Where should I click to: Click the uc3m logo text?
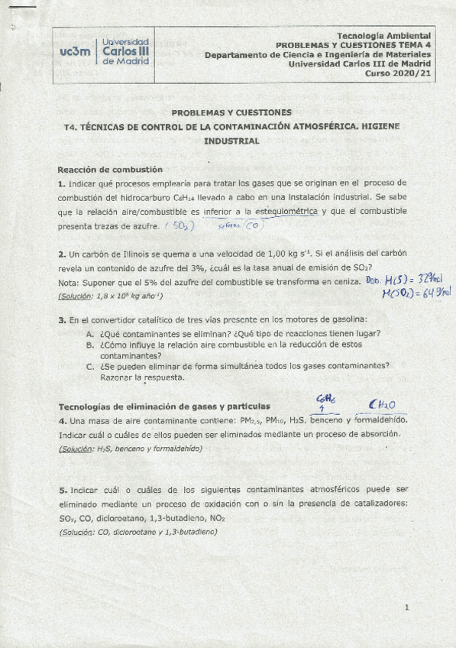74,50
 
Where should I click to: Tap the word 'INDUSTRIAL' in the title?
231,141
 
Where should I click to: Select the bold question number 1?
61,183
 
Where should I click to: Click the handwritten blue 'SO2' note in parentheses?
181,226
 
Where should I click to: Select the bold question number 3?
61,319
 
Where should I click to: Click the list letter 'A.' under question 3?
90,333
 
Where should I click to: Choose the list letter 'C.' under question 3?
90,365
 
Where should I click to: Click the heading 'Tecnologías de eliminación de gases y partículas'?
169,406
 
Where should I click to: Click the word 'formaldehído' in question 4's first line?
382,420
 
